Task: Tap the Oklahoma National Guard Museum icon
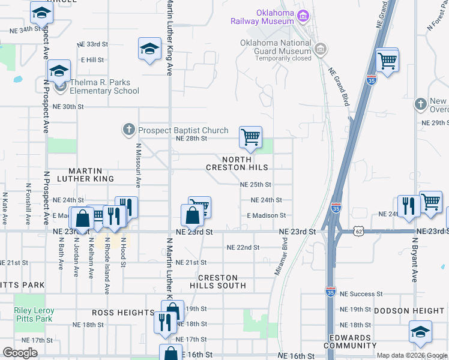pyautogui.click(x=320, y=48)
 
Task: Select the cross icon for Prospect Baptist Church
pyautogui.click(x=128, y=130)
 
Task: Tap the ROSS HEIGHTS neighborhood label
pyautogui.click(x=123, y=313)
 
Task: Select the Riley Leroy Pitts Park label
pyautogui.click(x=34, y=315)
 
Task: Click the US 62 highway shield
pyautogui.click(x=359, y=230)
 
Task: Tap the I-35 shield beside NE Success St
pyautogui.click(x=331, y=291)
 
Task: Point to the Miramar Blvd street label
pyautogui.click(x=280, y=256)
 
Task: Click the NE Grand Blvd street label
pyautogui.click(x=339, y=86)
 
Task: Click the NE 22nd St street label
pyautogui.click(x=243, y=247)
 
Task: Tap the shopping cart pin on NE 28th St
pyautogui.click(x=250, y=137)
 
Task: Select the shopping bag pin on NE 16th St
pyautogui.click(x=171, y=354)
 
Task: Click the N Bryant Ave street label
pyautogui.click(x=414, y=259)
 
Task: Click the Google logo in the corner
pyautogui.click(x=20, y=353)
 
